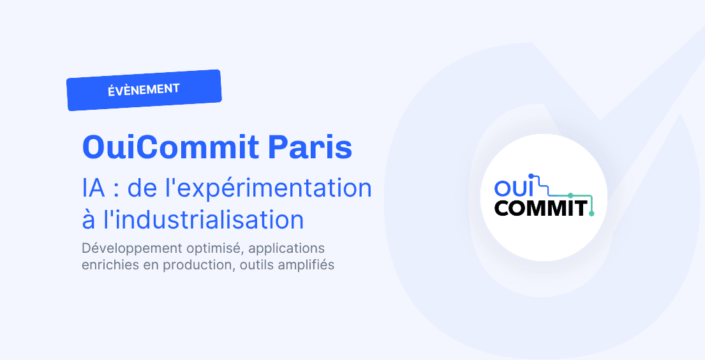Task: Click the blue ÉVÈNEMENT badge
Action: pos(144,90)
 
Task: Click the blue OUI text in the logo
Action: pos(516,188)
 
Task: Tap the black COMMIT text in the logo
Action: pos(540,207)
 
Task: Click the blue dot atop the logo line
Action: pos(530,174)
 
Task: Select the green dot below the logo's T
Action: pos(591,214)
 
